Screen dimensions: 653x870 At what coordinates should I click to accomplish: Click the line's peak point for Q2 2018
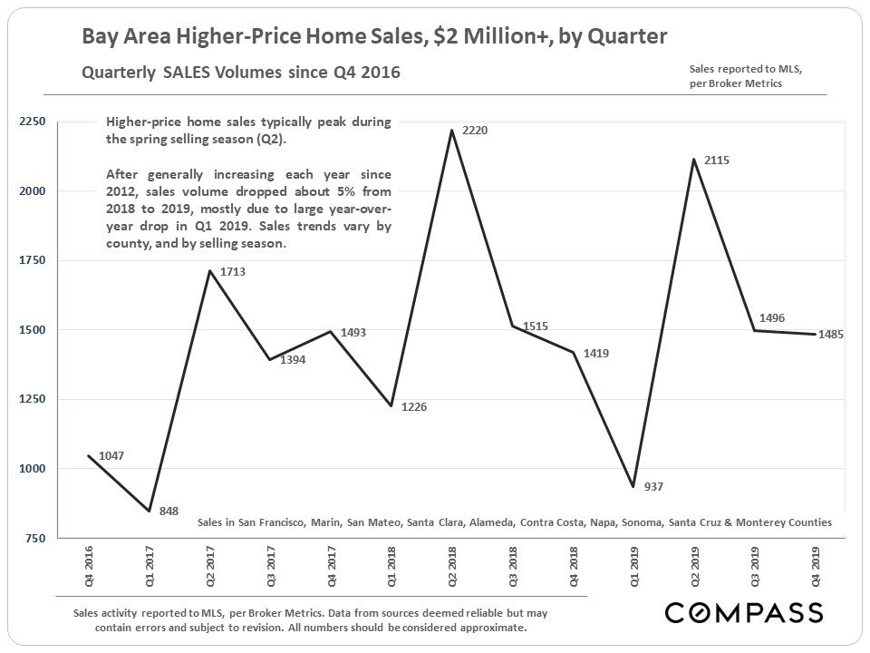(x=451, y=131)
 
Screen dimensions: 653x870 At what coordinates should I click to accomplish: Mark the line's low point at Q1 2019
(x=633, y=487)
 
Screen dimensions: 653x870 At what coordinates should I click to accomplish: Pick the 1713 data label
(x=233, y=271)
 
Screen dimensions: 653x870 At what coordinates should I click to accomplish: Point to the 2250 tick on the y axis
(x=34, y=122)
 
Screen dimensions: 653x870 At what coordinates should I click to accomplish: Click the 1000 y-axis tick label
(x=34, y=469)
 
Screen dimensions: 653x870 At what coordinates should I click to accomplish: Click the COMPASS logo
(x=744, y=612)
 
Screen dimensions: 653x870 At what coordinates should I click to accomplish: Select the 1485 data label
(x=831, y=334)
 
